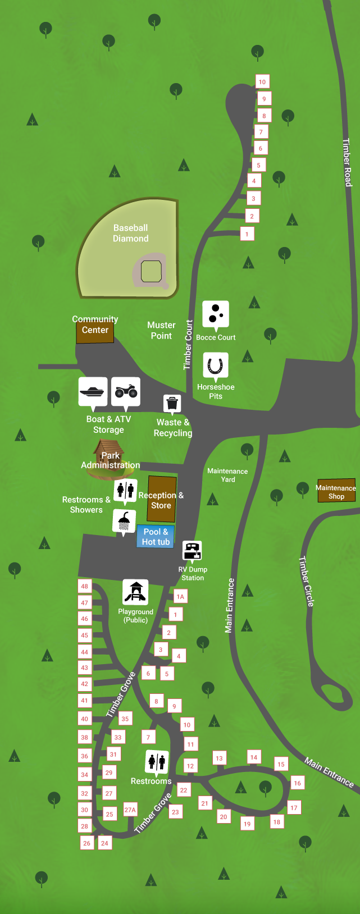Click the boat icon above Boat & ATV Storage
(93, 391)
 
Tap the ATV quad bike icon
(126, 391)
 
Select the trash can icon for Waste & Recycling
(172, 403)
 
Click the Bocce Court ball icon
(216, 314)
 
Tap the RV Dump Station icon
(192, 551)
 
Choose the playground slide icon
(135, 591)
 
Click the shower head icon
(124, 520)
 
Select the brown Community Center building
(95, 331)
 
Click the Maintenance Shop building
(336, 490)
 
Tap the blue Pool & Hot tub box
(156, 537)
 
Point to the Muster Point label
(161, 330)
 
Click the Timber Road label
(347, 162)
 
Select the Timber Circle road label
(307, 581)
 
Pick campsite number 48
(85, 586)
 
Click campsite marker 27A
(130, 810)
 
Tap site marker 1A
(180, 597)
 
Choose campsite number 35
(125, 719)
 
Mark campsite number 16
(297, 783)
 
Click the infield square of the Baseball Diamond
(151, 271)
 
